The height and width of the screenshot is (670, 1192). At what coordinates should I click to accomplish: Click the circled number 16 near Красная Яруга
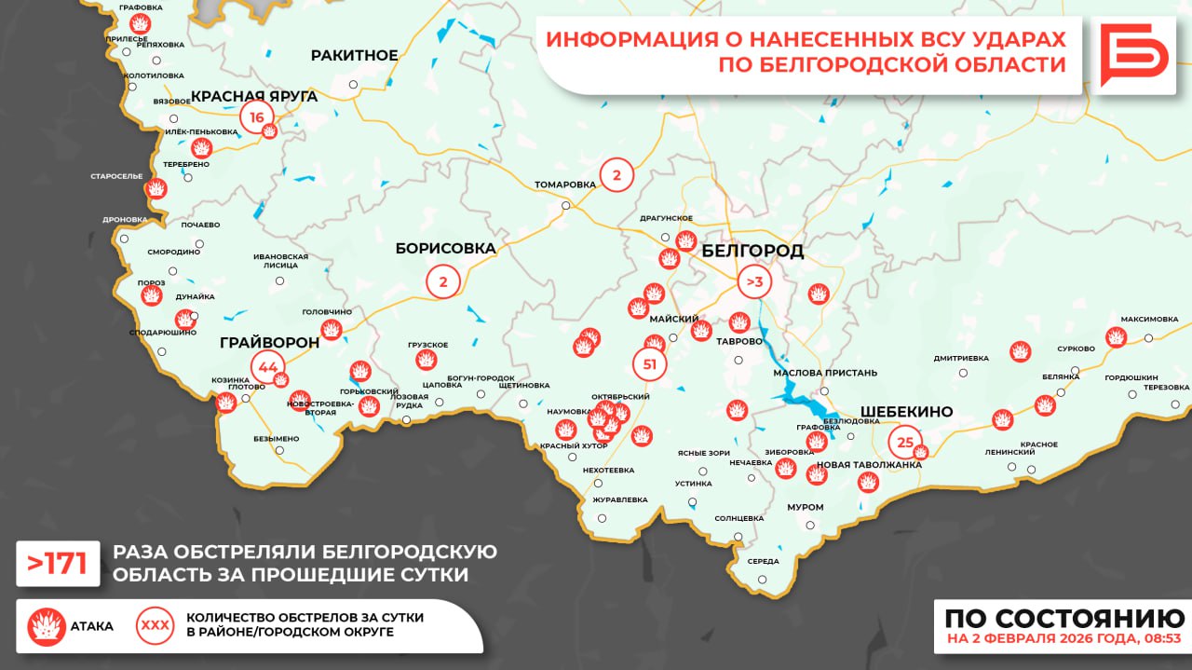(x=257, y=117)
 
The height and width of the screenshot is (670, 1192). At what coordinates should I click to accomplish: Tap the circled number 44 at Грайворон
(x=268, y=366)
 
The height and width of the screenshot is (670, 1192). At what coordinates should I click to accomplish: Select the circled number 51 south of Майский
(x=650, y=364)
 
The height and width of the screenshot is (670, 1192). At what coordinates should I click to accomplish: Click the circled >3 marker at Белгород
(x=754, y=281)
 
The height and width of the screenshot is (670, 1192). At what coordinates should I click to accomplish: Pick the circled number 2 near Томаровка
(x=616, y=174)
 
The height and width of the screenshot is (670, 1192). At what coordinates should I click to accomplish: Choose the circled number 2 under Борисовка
(x=443, y=281)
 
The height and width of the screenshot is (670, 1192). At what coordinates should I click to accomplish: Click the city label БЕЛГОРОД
(x=752, y=252)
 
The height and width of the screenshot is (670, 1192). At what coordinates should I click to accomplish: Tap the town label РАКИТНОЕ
(x=354, y=56)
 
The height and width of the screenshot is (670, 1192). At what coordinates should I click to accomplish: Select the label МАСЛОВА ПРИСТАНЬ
(x=825, y=373)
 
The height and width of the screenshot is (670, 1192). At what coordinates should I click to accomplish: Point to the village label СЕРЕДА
(x=763, y=561)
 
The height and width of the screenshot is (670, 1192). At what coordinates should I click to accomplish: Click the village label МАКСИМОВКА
(x=1149, y=319)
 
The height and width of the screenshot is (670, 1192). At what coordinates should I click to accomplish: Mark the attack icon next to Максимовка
(x=1116, y=337)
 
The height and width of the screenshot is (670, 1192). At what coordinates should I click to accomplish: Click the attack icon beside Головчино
(x=331, y=329)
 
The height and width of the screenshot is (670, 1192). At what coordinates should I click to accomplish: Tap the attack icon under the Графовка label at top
(x=141, y=23)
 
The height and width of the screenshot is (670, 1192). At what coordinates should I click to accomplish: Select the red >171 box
(x=58, y=564)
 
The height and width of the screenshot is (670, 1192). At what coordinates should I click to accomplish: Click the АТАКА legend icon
(x=46, y=626)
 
